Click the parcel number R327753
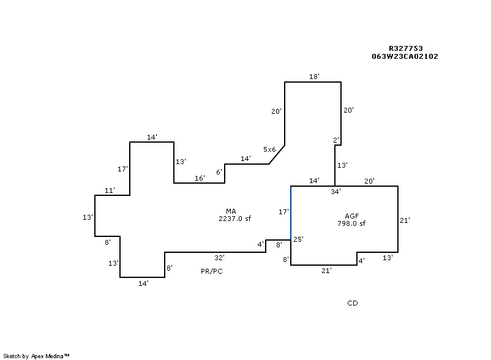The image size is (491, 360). [x=405, y=48]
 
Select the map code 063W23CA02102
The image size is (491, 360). [x=405, y=56]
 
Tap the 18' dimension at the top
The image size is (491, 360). [x=314, y=77]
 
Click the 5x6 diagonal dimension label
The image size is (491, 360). [x=269, y=149]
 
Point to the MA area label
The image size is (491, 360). [x=231, y=211]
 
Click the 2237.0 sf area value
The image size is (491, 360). [x=234, y=219]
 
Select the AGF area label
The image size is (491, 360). [x=351, y=216]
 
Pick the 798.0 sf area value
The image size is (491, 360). [x=351, y=223]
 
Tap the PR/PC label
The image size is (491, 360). [x=212, y=271]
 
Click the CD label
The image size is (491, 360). [x=353, y=303]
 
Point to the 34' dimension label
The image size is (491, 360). [x=335, y=192]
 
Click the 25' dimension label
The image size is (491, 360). [x=298, y=239]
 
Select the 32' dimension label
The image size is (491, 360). [x=219, y=258]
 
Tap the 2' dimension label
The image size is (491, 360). [x=336, y=140]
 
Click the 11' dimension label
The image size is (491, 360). [x=110, y=190]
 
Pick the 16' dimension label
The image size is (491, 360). [x=200, y=178]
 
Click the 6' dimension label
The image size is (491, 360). [x=219, y=172]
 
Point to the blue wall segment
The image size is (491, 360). [x=291, y=213]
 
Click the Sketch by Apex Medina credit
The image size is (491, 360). [x=36, y=356]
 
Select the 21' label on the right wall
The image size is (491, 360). [x=405, y=220]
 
